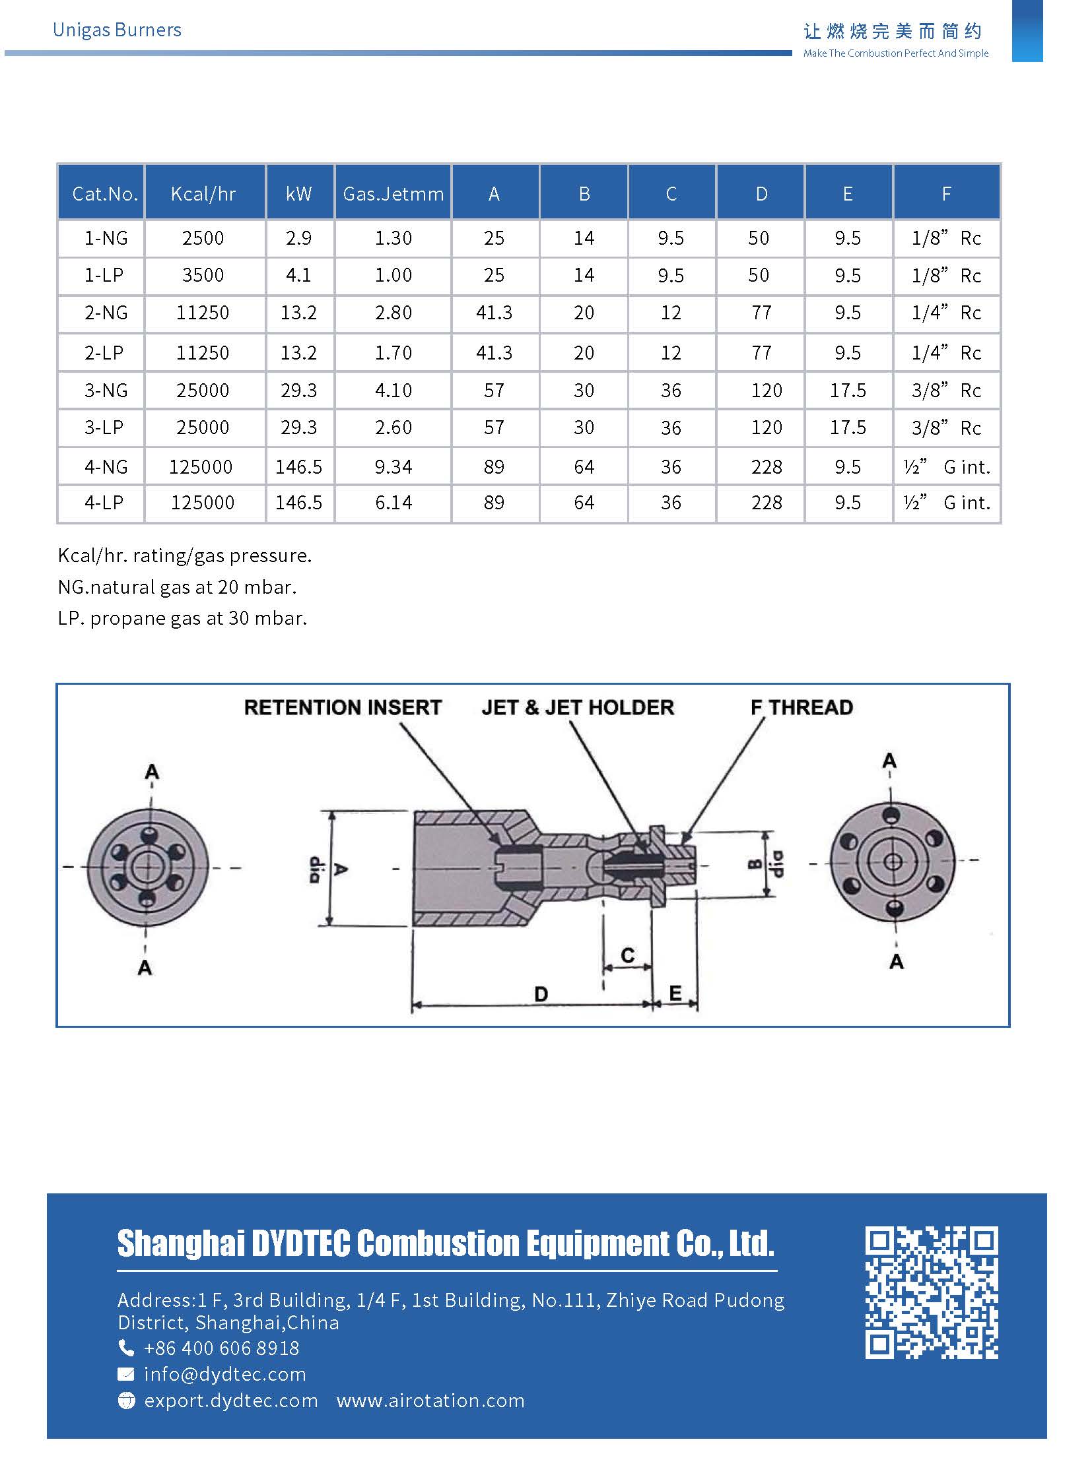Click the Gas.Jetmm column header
[x=393, y=193]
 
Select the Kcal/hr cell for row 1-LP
[x=203, y=275]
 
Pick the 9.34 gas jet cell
[x=393, y=467]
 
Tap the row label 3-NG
[x=106, y=391]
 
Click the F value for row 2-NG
[x=946, y=313]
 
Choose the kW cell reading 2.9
[x=298, y=237]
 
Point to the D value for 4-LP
[x=766, y=503]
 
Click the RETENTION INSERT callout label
[x=343, y=707]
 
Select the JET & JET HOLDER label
[x=578, y=707]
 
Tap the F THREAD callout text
[x=801, y=707]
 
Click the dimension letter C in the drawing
[x=627, y=955]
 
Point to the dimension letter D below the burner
[x=541, y=994]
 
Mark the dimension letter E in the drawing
[x=675, y=993]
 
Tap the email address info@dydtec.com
[x=224, y=1375]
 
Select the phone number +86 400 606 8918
[x=221, y=1348]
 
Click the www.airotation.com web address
[x=430, y=1401]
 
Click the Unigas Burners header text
[x=117, y=30]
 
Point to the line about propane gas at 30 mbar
[x=182, y=618]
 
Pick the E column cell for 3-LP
[x=848, y=428]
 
